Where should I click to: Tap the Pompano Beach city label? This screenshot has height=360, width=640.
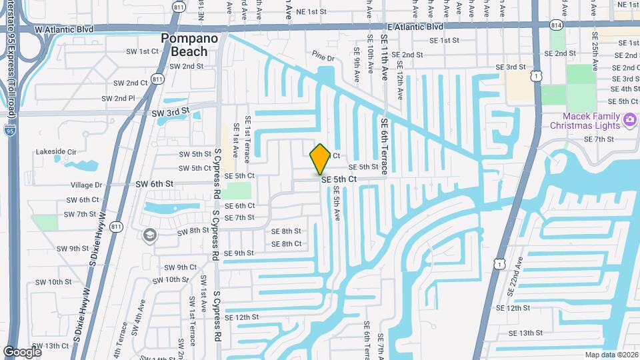pyautogui.click(x=190, y=45)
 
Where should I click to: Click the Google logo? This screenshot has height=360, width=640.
pyautogui.click(x=22, y=351)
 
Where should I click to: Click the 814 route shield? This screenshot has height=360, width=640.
pyautogui.click(x=555, y=25)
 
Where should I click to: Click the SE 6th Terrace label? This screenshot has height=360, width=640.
pyautogui.click(x=385, y=147)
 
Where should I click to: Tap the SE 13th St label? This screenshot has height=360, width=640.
pyautogui.click(x=526, y=333)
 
